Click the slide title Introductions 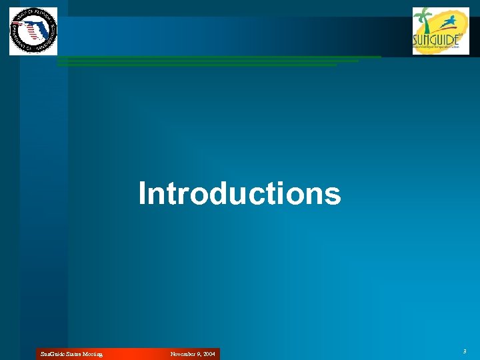point(239,194)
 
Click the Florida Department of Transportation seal point(33,31)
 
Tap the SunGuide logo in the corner point(441,31)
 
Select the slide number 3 point(464,351)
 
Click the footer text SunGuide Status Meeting point(71,355)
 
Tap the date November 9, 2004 point(193,355)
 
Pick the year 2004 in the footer point(209,355)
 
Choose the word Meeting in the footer point(93,355)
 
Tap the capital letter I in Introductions point(142,194)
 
